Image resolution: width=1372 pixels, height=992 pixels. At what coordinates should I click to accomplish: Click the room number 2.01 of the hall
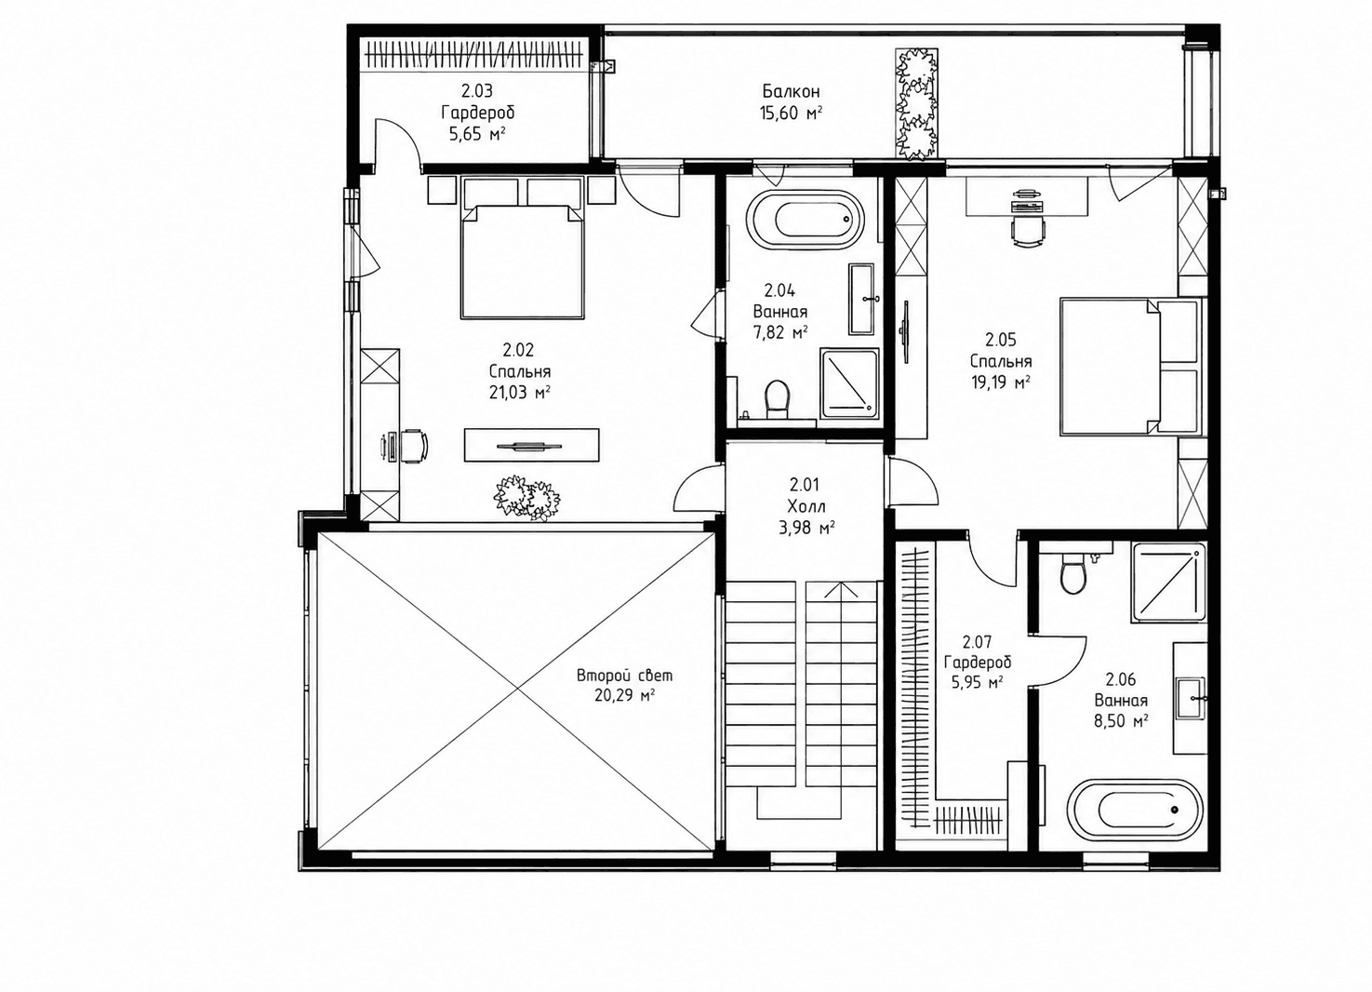coord(805,485)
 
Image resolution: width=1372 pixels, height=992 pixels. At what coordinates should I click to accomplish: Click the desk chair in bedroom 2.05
coord(1027,231)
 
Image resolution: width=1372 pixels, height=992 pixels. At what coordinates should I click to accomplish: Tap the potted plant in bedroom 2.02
coord(527,498)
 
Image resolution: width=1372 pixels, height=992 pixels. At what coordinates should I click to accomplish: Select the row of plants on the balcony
coord(917,104)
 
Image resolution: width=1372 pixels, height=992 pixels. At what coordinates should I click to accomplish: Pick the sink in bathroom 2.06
coord(1190,697)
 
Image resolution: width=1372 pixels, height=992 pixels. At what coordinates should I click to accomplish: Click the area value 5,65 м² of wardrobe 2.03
coord(477,134)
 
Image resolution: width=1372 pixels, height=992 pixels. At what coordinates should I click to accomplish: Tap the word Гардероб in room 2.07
coord(978,663)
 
